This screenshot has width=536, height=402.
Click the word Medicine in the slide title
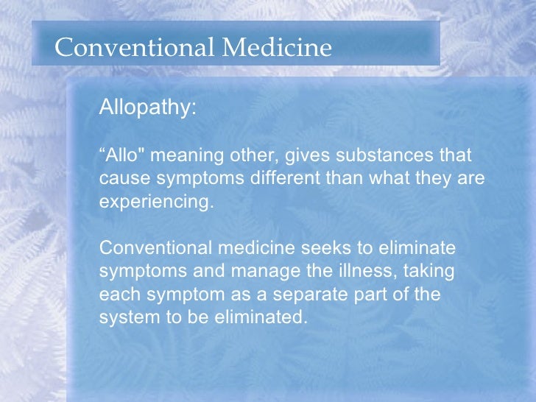(x=278, y=48)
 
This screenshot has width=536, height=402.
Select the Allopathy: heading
(x=147, y=107)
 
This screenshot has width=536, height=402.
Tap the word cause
(x=119, y=180)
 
